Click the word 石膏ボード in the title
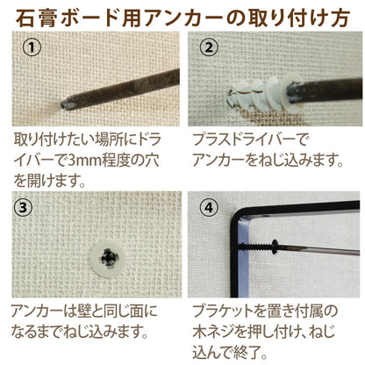tap(50, 17)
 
